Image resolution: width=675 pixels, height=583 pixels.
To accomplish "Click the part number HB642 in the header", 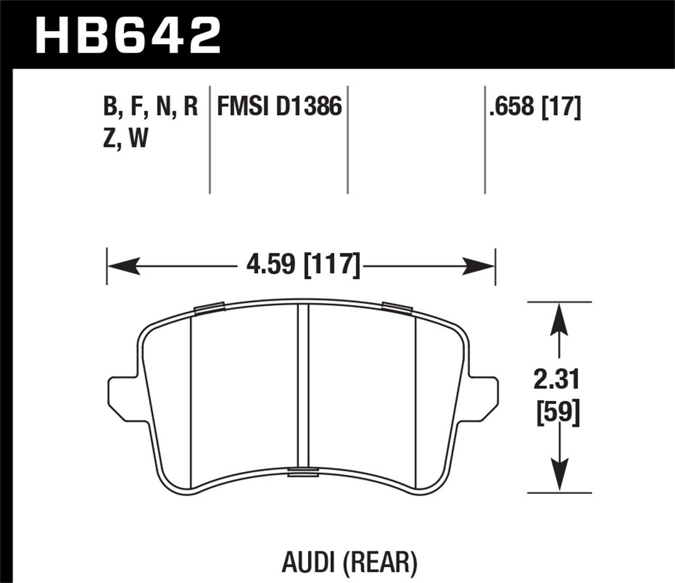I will point(128,34).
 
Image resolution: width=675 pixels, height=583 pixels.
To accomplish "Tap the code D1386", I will point(309,107).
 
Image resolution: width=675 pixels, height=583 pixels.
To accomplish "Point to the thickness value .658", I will point(512,107).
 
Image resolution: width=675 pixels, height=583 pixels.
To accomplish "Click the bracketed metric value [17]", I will point(561,107).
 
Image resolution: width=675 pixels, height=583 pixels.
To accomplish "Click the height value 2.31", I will point(557,381).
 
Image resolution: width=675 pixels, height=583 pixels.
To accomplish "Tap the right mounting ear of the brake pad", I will point(484,393).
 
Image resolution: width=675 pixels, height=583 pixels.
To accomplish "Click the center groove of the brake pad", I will point(303,387).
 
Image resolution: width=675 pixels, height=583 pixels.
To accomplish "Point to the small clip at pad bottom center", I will point(303,471).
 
